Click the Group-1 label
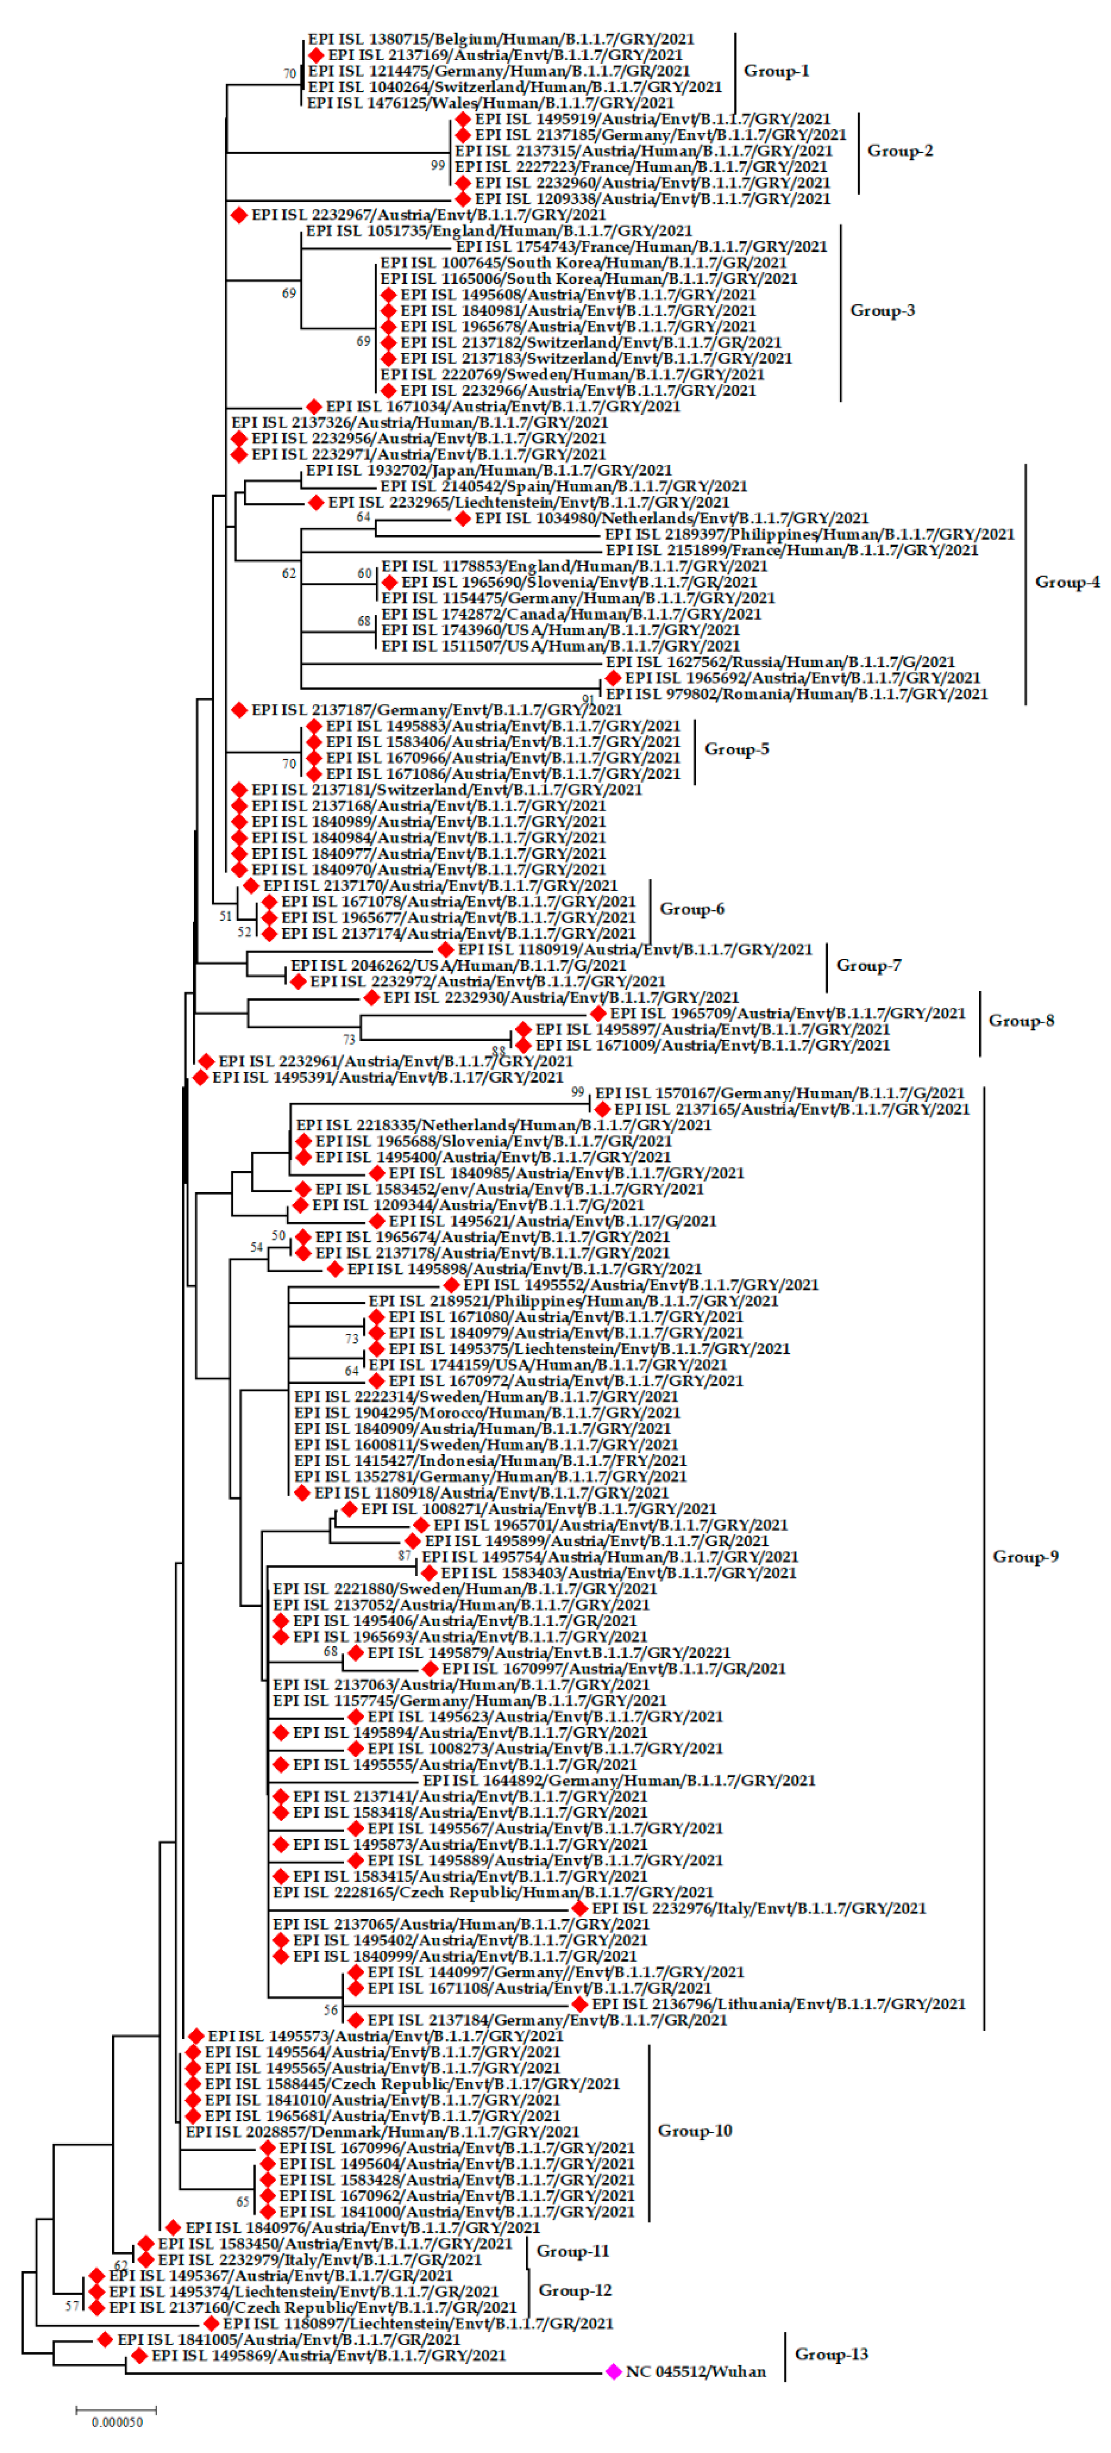[776, 70]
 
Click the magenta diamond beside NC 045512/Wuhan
[614, 2371]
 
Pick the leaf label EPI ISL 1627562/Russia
[780, 662]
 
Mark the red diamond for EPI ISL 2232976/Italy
[580, 1908]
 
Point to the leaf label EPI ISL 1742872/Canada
[571, 614]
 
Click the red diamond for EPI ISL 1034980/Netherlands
[463, 518]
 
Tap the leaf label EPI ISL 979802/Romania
[796, 694]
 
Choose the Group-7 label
[868, 965]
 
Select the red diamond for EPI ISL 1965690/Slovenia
[389, 582]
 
